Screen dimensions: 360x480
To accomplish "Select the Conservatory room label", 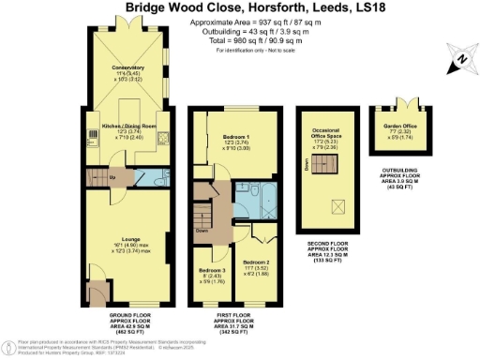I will coord(125,68).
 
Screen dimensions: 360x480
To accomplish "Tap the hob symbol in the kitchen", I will coord(163,140).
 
